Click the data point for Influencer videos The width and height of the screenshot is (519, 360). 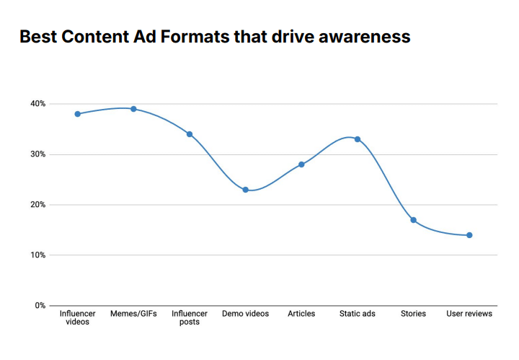coord(77,114)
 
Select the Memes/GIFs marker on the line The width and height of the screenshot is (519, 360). coord(133,109)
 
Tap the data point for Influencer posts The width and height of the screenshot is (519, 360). coord(190,134)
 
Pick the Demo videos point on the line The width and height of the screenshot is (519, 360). coord(245,190)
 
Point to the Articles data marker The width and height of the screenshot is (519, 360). coord(301,164)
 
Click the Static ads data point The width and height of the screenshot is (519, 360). coord(358,139)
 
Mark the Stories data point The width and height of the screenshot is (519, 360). coord(413,220)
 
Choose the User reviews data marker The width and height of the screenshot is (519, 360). coord(469,235)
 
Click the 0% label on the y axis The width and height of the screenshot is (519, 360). coord(39,306)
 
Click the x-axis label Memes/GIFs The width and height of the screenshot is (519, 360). coord(133,314)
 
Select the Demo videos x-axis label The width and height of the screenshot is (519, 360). coord(245,314)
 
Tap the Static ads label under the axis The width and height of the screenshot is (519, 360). coord(358,314)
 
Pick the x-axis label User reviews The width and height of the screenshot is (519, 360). coord(469,314)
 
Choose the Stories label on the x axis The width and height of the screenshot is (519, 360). coord(413,314)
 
